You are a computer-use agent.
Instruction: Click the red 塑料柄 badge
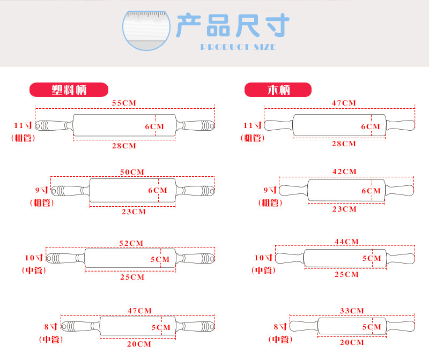coord(69,89)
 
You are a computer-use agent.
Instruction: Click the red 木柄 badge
coord(278,89)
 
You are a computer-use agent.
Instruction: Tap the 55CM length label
coord(124,102)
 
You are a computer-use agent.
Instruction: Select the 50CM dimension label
coord(132,171)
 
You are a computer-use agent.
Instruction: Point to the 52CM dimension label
coord(131,243)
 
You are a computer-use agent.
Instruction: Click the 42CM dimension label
coord(344,171)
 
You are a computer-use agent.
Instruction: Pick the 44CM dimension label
coord(346,242)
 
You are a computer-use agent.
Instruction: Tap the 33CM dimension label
coord(352,311)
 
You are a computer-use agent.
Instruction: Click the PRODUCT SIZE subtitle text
coord(238,47)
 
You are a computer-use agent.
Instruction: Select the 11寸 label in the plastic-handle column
coord(23,125)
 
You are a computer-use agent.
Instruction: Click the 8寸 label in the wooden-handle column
coord(280,326)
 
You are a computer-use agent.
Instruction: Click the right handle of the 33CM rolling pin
coord(401,326)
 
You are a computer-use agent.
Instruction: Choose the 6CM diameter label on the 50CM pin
coord(157,190)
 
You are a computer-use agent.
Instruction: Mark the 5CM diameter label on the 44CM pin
coord(371,258)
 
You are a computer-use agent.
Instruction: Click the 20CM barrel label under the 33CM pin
coord(352,342)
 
